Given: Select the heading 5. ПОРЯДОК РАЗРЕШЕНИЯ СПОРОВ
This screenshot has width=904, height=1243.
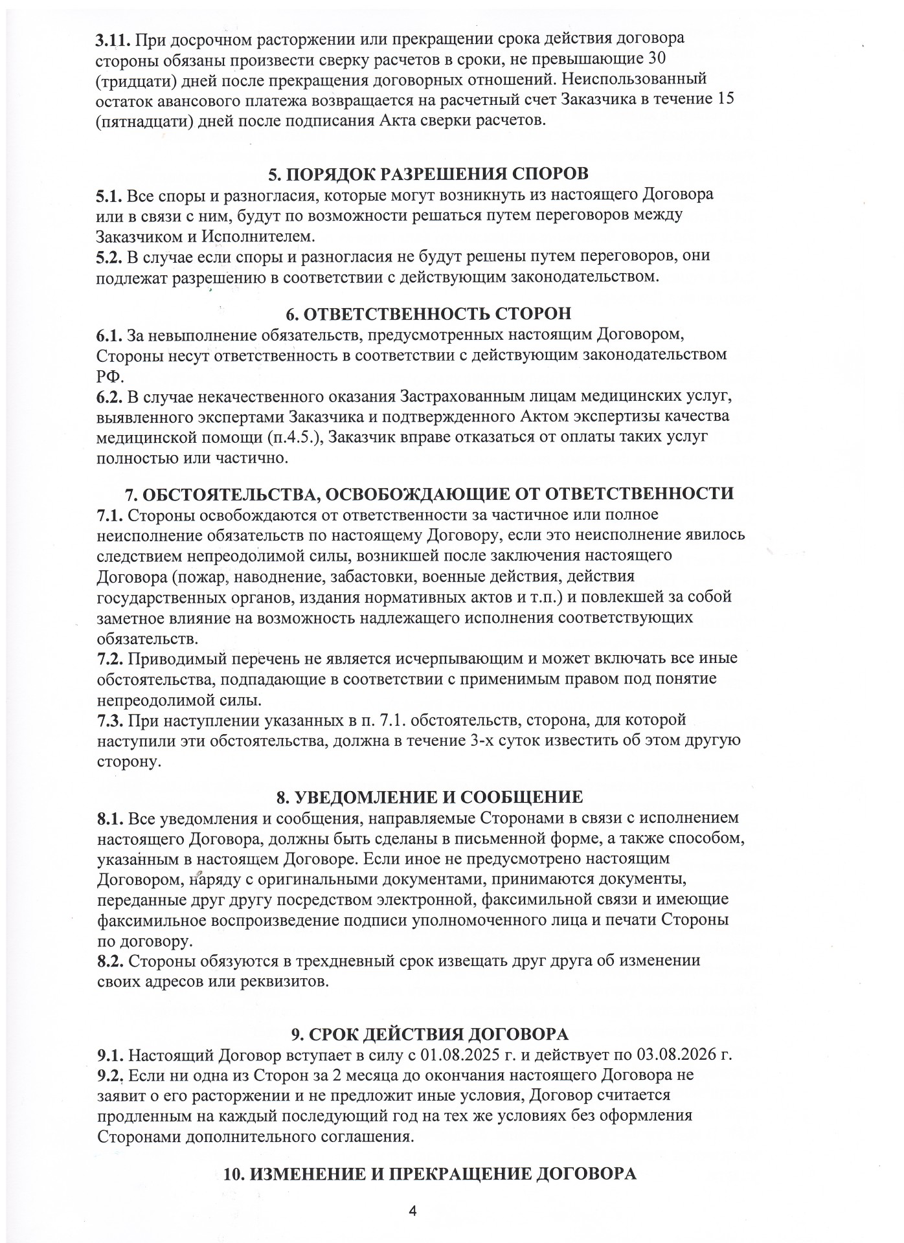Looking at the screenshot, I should pos(429,174).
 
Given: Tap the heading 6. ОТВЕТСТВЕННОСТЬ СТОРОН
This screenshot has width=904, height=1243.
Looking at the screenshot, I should pos(429,314).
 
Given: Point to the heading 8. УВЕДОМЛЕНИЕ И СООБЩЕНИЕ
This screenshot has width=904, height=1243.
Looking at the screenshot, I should pos(429,797).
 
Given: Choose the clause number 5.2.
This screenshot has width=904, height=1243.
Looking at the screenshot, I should pos(109,256).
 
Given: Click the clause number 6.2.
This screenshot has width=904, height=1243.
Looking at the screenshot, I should pos(109,396).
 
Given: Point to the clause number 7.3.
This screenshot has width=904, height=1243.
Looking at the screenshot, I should pos(109,720).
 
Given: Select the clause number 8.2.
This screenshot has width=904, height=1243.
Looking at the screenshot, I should pos(109,961).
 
